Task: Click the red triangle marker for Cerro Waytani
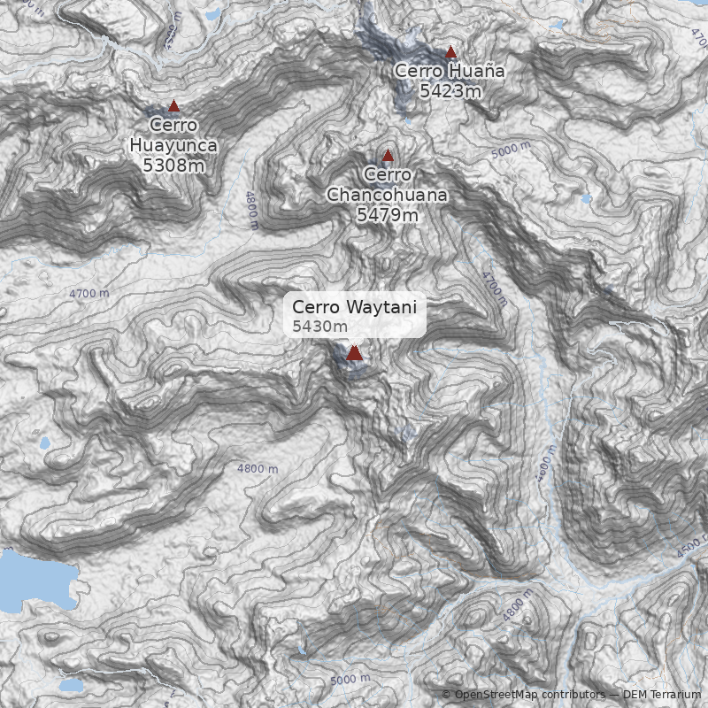pos(354,353)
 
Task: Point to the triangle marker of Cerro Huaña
pos(450,52)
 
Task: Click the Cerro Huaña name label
pos(450,71)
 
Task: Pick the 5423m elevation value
pos(450,90)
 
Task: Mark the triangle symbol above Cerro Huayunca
pos(173,105)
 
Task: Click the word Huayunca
pos(173,145)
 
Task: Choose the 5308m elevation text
pos(173,165)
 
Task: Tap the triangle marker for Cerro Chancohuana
pos(387,156)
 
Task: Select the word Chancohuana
pos(387,195)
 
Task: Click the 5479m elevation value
pos(387,214)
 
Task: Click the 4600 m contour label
pos(545,466)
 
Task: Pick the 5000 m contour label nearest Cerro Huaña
pos(511,150)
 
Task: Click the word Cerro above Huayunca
pos(173,126)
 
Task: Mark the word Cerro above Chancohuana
pos(387,175)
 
